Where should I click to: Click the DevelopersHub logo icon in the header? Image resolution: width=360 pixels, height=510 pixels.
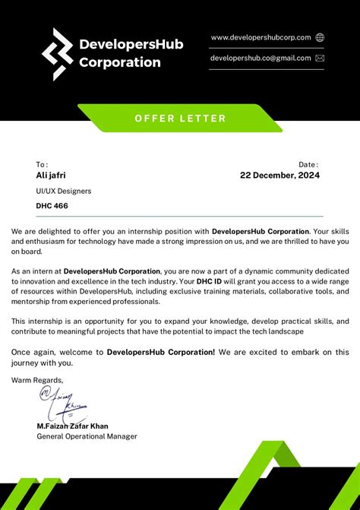[x=58, y=54]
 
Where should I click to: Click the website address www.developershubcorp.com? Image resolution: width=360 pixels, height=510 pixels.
[x=261, y=37]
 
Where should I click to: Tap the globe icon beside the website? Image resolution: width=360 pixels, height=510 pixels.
[x=320, y=37]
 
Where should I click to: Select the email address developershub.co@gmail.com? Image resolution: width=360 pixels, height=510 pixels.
[x=261, y=58]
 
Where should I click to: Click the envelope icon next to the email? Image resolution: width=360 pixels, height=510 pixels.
[x=320, y=58]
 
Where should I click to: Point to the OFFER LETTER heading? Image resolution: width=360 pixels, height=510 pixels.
[x=180, y=118]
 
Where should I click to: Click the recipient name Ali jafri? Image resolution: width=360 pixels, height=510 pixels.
[x=51, y=175]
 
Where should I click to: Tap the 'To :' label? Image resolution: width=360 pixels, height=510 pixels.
[x=42, y=164]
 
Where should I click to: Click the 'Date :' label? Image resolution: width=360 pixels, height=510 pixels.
[x=308, y=164]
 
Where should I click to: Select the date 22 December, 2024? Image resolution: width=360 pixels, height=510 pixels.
[x=279, y=175]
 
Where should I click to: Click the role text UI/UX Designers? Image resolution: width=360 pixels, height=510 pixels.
[x=64, y=191]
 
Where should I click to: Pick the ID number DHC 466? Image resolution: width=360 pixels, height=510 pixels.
[x=52, y=205]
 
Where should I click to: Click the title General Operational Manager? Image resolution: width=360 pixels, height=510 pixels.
[x=87, y=436]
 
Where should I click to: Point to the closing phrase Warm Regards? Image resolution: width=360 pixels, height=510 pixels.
[x=37, y=379]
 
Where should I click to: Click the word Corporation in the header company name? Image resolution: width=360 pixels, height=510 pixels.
[x=120, y=62]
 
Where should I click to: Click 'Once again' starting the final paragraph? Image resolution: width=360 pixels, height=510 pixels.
[x=34, y=352]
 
